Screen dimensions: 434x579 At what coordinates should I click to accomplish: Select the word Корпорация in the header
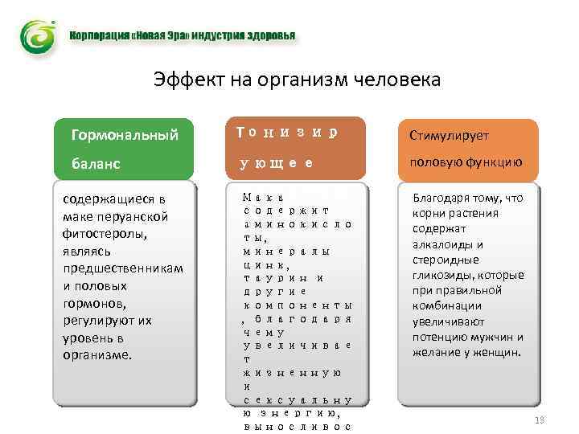tap(97, 37)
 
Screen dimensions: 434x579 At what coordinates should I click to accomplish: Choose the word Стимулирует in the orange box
tap(449, 137)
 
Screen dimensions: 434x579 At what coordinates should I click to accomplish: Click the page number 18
tap(540, 421)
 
